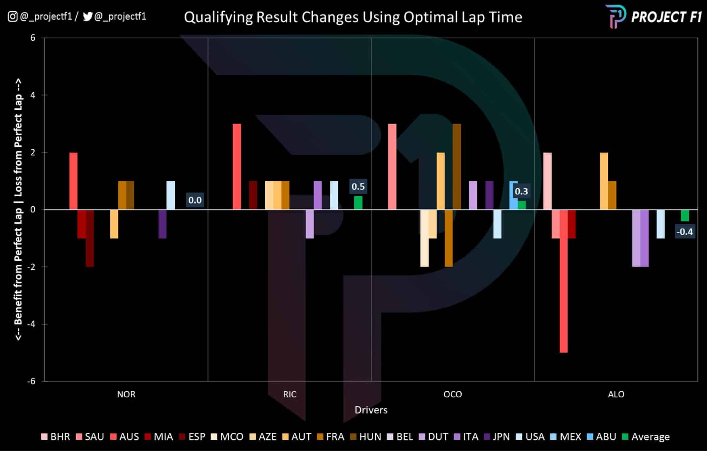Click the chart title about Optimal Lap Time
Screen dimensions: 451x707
pos(353,17)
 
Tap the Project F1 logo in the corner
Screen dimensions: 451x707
pos(654,17)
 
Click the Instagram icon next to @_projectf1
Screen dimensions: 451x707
pos(13,17)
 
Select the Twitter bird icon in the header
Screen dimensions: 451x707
pos(88,17)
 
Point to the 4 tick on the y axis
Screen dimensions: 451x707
pos(33,95)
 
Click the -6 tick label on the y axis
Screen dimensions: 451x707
pos(31,381)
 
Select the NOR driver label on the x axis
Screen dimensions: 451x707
pos(126,394)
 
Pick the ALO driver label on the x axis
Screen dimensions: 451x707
pos(616,394)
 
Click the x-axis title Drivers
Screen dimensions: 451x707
pos(371,410)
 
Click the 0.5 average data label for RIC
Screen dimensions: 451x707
pos(358,187)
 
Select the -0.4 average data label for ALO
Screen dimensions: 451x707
pos(685,232)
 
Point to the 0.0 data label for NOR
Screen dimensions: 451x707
pos(195,200)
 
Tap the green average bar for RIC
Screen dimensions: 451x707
pos(358,203)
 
